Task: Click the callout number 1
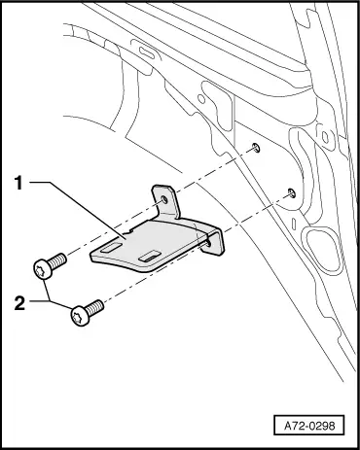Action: click(18, 183)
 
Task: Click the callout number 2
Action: click(19, 303)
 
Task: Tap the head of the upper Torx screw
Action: click(43, 269)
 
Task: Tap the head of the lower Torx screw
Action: click(80, 316)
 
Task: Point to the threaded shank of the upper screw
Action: click(58, 260)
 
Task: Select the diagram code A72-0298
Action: click(309, 426)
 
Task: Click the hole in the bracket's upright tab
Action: click(164, 200)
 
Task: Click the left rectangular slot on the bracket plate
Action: click(111, 248)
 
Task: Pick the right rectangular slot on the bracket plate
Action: click(150, 256)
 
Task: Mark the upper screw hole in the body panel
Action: click(257, 148)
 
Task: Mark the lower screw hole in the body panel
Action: click(292, 192)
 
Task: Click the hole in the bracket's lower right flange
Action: click(208, 243)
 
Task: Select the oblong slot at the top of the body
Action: click(147, 52)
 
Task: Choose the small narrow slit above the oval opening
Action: click(294, 224)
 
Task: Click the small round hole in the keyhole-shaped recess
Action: click(201, 99)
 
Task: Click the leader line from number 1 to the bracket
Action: click(78, 211)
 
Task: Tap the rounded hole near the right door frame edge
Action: click(325, 137)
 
